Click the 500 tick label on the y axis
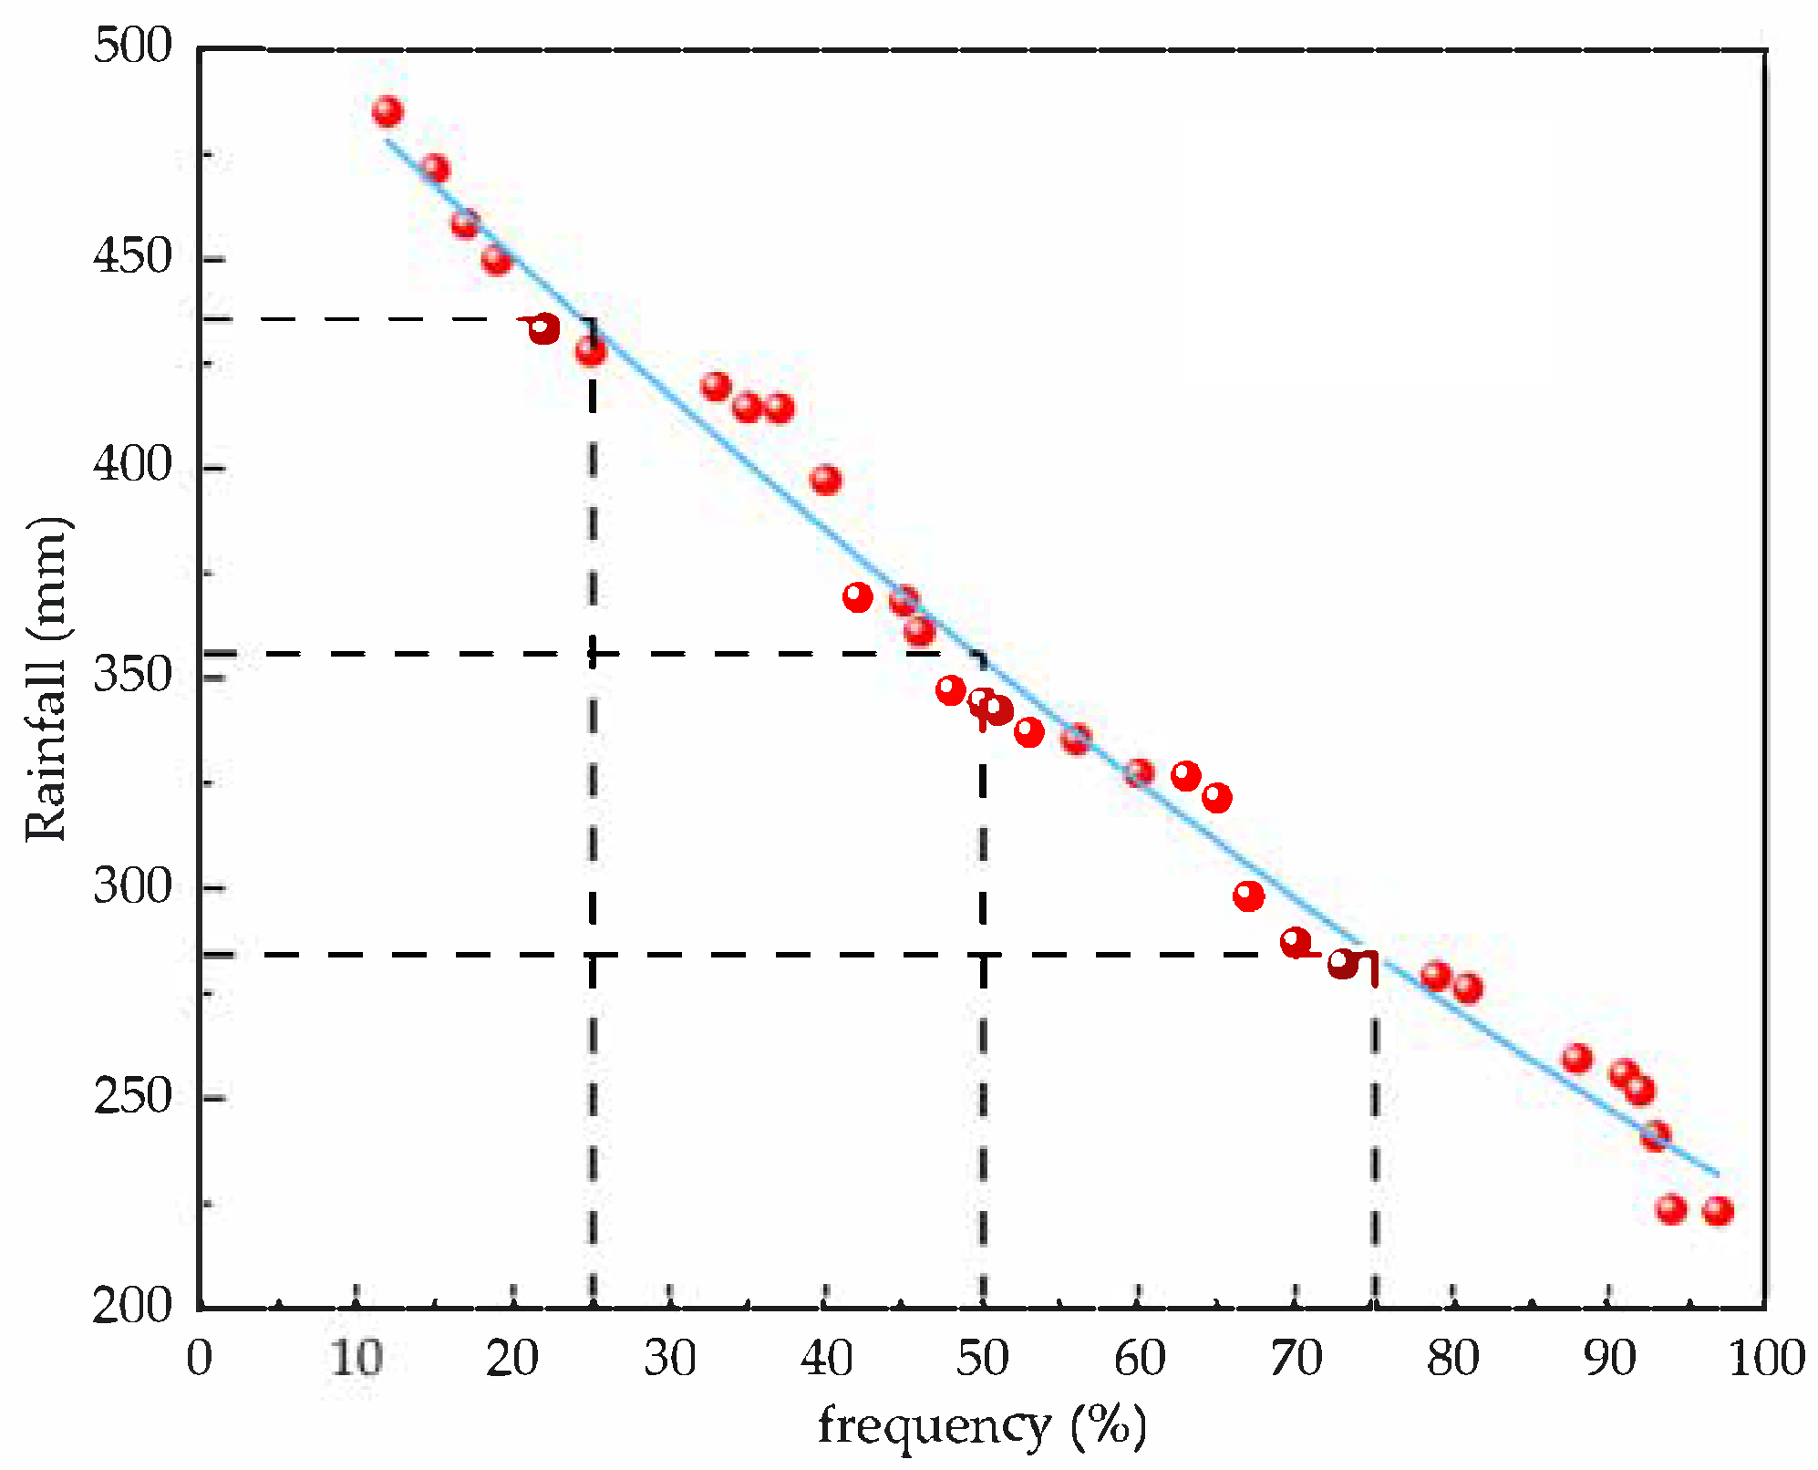(132, 46)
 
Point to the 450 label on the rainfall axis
(132, 256)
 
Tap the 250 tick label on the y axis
(132, 1095)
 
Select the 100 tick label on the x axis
(1766, 1359)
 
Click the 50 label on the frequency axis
(983, 1359)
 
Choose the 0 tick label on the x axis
(199, 1359)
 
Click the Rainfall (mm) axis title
(46, 679)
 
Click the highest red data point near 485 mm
(387, 111)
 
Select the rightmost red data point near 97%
(1718, 1211)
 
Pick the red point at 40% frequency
(826, 480)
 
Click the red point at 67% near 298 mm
(1249, 895)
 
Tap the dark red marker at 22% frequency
(543, 328)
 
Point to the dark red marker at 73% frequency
(1343, 963)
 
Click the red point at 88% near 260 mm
(1577, 1059)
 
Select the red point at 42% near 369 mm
(858, 597)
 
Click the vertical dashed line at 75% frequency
(1375, 1140)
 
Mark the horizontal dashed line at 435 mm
(365, 318)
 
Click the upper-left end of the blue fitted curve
(387, 140)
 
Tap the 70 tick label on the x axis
(1296, 1359)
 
